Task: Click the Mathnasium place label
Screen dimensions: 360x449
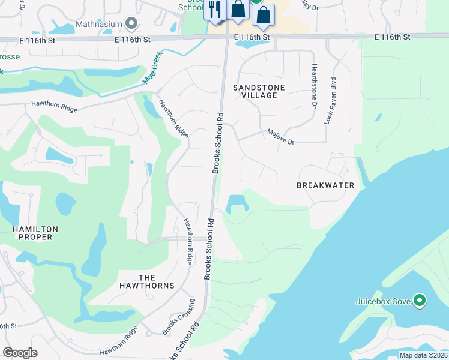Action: (x=99, y=24)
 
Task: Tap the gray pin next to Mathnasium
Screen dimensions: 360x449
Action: (x=132, y=24)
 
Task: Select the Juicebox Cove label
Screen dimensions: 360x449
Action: (x=382, y=300)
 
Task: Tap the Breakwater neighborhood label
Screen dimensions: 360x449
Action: (x=325, y=185)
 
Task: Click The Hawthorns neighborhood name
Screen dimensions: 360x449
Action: (x=156, y=281)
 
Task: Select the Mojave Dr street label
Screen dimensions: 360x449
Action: (x=281, y=137)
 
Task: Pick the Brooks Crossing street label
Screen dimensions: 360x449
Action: (x=178, y=317)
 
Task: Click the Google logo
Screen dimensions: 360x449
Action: (x=20, y=353)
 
